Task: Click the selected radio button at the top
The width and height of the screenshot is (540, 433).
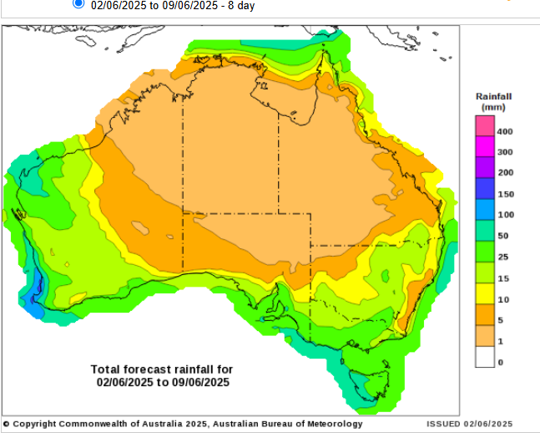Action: tap(78, 3)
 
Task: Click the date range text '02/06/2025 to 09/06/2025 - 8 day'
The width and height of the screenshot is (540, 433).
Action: tap(173, 6)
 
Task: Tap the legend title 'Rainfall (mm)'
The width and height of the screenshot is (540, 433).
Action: tap(493, 102)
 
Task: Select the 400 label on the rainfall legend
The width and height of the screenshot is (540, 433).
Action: tap(504, 132)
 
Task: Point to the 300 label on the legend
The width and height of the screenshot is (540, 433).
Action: tap(504, 152)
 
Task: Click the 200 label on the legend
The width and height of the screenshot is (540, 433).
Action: tap(504, 173)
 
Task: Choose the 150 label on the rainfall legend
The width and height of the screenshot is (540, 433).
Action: tap(504, 194)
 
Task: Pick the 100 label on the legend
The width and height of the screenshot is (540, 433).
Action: tap(504, 215)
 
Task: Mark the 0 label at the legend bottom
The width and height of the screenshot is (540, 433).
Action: tap(499, 362)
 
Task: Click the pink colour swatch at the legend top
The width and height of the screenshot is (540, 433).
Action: tap(484, 125)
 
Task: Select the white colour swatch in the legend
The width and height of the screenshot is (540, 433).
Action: tap(484, 357)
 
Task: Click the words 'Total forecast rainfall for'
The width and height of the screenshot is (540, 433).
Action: tap(162, 369)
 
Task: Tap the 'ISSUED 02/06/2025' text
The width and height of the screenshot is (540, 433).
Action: tap(469, 424)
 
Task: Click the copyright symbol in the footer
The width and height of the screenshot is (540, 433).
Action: tap(6, 424)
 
